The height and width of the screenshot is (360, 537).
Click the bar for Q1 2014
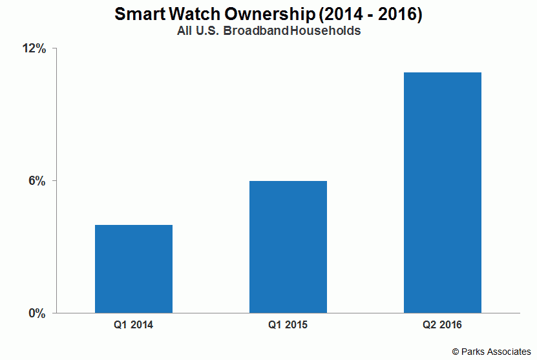pos(134,269)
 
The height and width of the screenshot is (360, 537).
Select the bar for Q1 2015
pos(288,247)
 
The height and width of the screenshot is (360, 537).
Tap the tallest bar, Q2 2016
pos(443,193)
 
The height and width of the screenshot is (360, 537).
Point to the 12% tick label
pos(34,48)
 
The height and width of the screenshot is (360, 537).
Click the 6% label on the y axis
pos(37,181)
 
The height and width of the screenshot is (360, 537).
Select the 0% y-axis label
pos(37,313)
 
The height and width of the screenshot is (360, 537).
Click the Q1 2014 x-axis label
pos(133,324)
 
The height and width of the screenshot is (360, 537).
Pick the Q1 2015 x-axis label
pos(288,324)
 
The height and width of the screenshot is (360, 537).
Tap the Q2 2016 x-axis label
pos(442,324)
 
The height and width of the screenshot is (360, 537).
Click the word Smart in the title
pos(140,14)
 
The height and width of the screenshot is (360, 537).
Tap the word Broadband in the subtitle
pos(256,31)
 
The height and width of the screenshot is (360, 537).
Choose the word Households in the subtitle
pos(325,31)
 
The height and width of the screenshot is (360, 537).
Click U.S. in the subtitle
pos(207,31)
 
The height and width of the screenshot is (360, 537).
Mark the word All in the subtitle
pos(184,31)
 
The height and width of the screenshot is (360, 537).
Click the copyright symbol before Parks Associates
pos(455,352)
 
